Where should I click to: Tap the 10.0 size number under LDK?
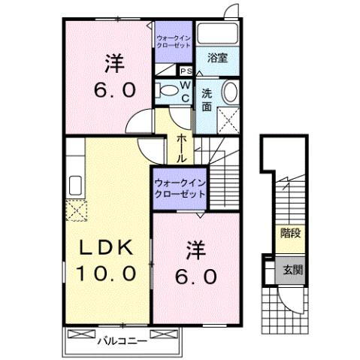tap(104, 272)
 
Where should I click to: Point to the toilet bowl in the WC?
tap(168, 90)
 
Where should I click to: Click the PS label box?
tap(186, 71)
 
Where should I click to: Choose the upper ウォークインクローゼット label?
tap(175, 41)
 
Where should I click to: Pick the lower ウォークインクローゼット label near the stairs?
tap(179, 188)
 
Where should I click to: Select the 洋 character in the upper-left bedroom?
tap(113, 66)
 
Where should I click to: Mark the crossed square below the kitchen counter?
tap(76, 211)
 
